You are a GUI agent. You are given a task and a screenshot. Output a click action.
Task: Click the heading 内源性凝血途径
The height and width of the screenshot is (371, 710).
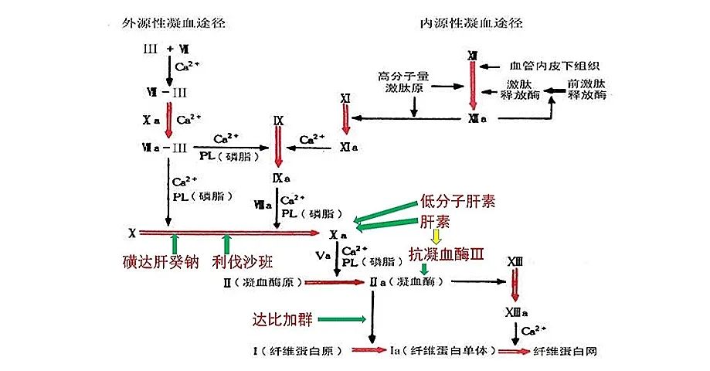(x=471, y=22)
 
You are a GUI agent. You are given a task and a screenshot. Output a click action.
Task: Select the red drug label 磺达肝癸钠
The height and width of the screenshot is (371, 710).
(x=160, y=262)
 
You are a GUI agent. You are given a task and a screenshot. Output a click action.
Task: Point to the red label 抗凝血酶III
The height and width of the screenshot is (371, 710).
(x=446, y=254)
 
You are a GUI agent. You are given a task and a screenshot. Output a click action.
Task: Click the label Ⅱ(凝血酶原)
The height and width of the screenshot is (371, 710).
(x=259, y=283)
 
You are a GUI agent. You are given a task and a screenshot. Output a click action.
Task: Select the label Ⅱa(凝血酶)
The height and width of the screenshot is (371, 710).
(x=406, y=283)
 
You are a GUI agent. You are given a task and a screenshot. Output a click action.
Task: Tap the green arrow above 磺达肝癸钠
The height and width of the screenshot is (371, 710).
(x=175, y=240)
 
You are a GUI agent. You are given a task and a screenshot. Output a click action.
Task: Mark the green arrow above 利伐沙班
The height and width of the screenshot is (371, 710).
(x=227, y=240)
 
